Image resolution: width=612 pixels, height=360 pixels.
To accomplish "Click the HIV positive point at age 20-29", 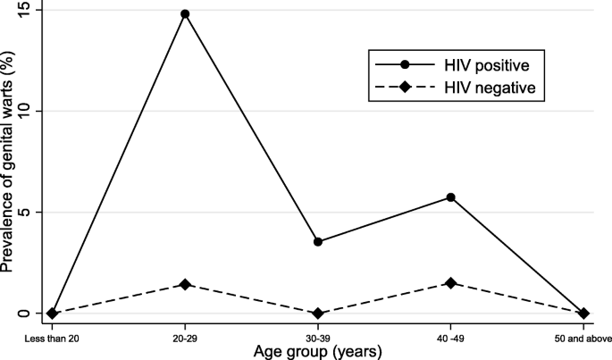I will [x=185, y=14].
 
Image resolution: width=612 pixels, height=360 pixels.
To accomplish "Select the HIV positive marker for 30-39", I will [x=318, y=241].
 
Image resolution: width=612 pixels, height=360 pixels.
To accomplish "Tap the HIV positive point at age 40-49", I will [x=451, y=197].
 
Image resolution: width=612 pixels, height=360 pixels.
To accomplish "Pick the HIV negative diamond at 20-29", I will [x=185, y=284].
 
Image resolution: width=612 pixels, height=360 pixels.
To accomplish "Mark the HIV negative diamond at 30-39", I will [x=318, y=314].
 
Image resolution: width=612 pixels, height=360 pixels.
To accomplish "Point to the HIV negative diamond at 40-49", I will [x=451, y=283].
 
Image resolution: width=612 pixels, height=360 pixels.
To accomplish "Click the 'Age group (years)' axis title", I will [x=318, y=351].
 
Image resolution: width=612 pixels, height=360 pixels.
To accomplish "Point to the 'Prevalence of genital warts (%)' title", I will [x=9, y=163].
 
